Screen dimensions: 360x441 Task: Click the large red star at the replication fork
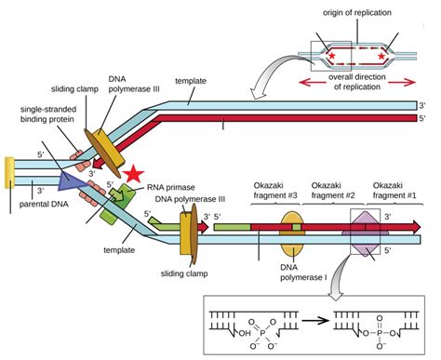[136, 174]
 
